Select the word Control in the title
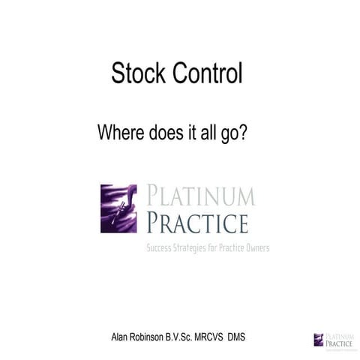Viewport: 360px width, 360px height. [x=205, y=73]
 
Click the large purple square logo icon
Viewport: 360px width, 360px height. [x=118, y=208]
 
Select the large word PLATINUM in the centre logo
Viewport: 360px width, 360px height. [x=200, y=196]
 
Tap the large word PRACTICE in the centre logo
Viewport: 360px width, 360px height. [x=197, y=223]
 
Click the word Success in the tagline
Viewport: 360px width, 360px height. [x=160, y=247]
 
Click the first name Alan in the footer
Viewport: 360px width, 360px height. [x=122, y=337]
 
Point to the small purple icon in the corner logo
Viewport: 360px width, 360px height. [x=318, y=339]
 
